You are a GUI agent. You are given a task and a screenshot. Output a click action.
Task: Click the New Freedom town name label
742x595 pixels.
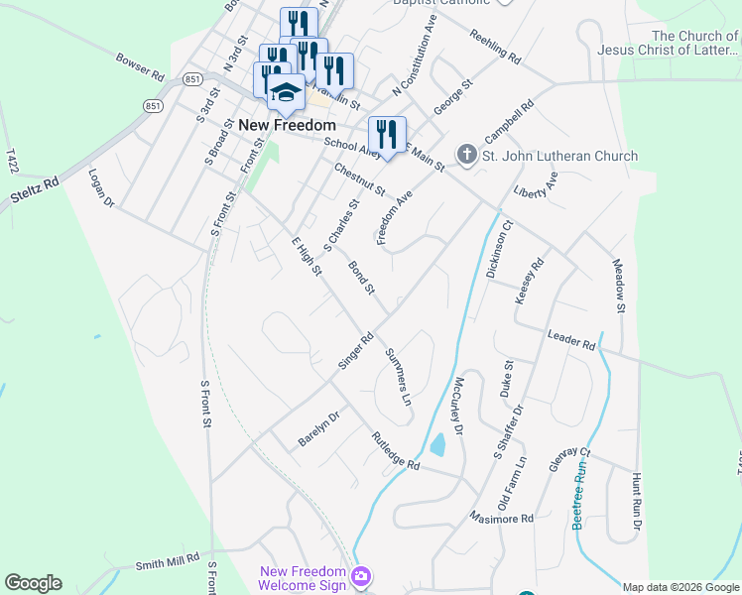287,126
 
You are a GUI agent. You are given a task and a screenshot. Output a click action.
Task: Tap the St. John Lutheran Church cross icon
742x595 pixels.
466,156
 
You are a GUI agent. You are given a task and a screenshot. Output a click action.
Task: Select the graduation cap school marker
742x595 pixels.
286,92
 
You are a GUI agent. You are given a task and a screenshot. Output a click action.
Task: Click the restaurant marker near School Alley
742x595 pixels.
387,134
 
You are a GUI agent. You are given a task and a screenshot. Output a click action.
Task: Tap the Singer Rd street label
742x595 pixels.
355,351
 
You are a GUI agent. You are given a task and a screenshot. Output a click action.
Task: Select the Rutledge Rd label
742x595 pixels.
396,451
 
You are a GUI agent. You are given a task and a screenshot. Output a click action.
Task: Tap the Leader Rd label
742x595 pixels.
570,339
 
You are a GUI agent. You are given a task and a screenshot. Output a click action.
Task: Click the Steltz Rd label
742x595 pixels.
36,184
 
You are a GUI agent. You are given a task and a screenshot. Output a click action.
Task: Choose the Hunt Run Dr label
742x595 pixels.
637,501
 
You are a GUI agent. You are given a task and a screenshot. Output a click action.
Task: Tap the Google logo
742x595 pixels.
33,583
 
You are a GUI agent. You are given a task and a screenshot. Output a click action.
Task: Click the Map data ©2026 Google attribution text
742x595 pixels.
680,587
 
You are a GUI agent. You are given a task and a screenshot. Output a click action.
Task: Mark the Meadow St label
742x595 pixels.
618,286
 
